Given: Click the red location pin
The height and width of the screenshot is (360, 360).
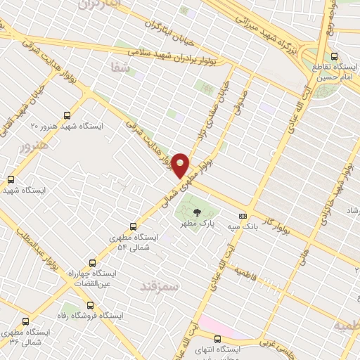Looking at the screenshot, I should [181, 166].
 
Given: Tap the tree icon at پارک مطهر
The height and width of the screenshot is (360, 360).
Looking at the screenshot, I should [196, 213].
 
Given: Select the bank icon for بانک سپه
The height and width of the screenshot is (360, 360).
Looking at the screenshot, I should [243, 216].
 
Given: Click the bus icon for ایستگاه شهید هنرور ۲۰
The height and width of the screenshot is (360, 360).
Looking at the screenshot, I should [67, 115].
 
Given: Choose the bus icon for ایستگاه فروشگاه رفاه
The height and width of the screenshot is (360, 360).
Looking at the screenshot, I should [89, 305].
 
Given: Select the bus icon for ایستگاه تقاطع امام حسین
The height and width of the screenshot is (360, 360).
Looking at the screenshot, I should [334, 57].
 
